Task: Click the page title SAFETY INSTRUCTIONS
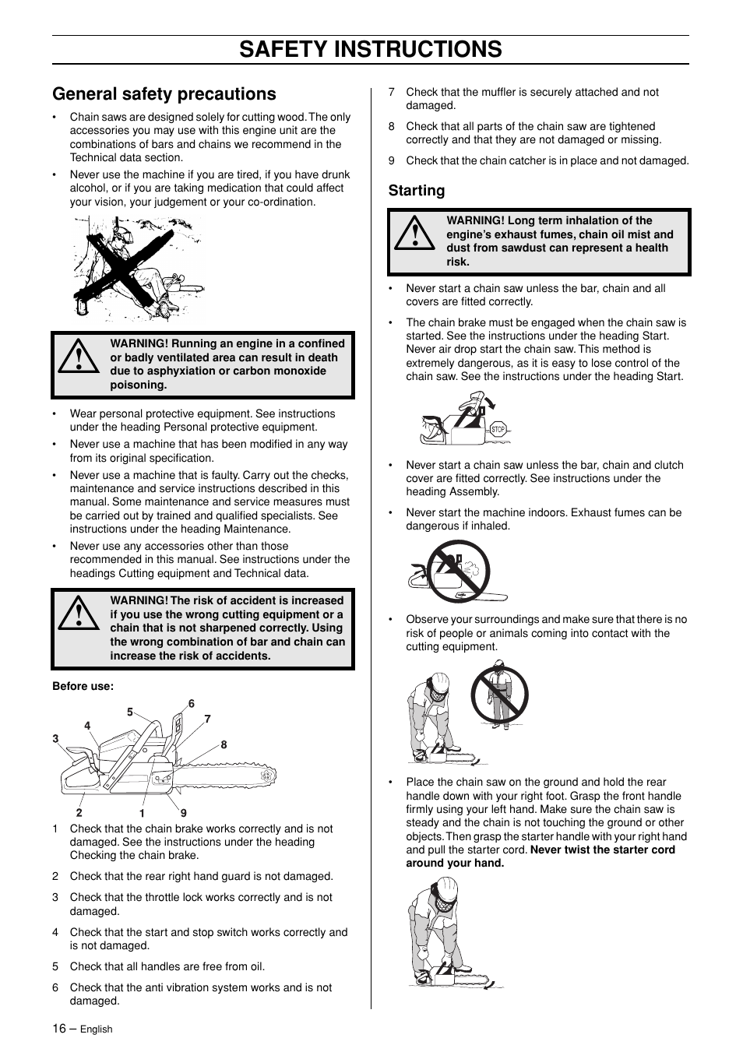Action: [x=371, y=49]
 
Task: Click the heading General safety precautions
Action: [x=164, y=94]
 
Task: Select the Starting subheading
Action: [x=417, y=191]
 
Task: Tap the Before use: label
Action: [x=83, y=686]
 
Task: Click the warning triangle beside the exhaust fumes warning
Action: [x=414, y=234]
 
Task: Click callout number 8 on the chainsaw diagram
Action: [x=224, y=745]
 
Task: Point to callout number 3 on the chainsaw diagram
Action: [x=55, y=739]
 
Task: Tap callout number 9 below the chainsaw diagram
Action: [x=184, y=813]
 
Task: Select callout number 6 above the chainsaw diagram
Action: [x=192, y=704]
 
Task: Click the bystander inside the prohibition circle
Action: [x=499, y=695]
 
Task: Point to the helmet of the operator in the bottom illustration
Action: [x=445, y=888]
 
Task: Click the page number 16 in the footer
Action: [x=59, y=1029]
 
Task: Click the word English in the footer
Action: [x=97, y=1029]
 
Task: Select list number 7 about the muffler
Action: [x=392, y=92]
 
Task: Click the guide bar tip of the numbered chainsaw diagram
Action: [x=267, y=776]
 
